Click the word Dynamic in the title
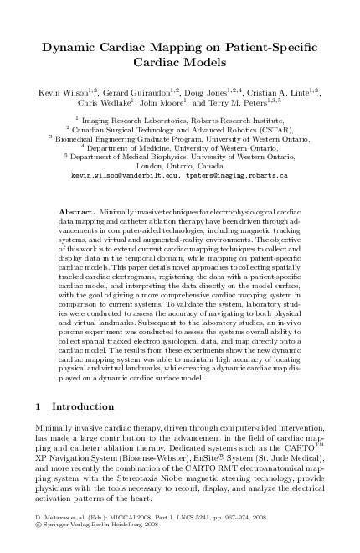(x=73, y=48)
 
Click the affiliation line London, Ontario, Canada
(x=179, y=166)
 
